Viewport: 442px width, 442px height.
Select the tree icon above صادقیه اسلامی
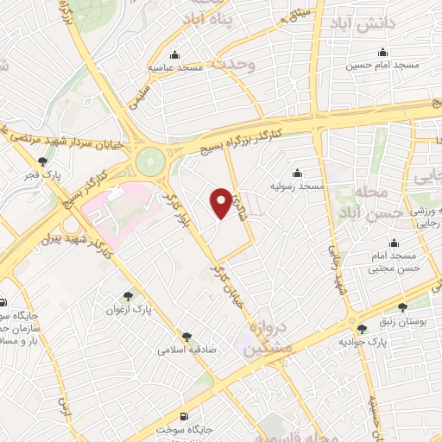pyautogui.click(x=186, y=337)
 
